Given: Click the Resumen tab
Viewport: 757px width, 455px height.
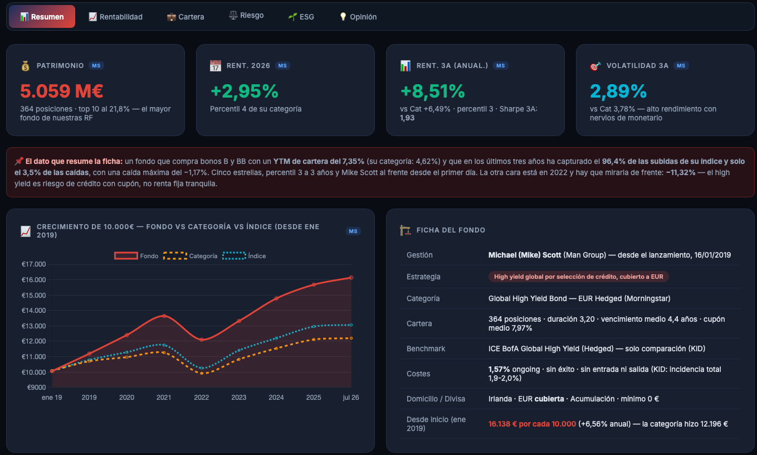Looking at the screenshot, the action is click(x=42, y=17).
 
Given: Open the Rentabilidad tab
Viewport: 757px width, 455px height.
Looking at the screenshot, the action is click(x=115, y=17).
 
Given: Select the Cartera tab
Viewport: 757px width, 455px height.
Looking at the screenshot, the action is click(x=185, y=17).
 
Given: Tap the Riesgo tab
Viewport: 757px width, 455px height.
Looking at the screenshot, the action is click(x=246, y=15).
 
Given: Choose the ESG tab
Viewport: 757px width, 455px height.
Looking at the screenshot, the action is click(x=301, y=17).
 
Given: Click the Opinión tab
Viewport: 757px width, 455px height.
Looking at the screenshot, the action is click(x=358, y=17).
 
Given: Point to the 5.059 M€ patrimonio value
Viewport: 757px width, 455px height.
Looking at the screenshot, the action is click(x=61, y=91).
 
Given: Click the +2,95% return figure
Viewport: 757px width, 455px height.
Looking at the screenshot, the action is click(x=245, y=91).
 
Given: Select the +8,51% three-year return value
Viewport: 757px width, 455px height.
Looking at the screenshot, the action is click(x=433, y=91).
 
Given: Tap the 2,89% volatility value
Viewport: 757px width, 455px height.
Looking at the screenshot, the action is click(x=618, y=91).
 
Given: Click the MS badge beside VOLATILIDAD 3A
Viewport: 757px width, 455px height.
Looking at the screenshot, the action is click(x=681, y=66).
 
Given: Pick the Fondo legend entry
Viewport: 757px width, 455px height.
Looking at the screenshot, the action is click(x=136, y=256).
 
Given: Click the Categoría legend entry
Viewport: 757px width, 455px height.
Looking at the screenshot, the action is click(x=191, y=256).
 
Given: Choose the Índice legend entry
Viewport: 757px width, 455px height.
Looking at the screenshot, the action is click(x=244, y=256).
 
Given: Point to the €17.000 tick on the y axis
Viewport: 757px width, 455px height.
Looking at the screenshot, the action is click(x=34, y=264).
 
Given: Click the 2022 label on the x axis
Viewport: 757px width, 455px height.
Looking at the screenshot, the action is click(x=202, y=397).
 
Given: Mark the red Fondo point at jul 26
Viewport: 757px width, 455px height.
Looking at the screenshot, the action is click(x=351, y=277).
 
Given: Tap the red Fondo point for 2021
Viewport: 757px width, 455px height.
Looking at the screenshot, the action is click(x=164, y=316).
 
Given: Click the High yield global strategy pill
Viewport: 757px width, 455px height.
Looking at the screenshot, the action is click(x=578, y=277).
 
